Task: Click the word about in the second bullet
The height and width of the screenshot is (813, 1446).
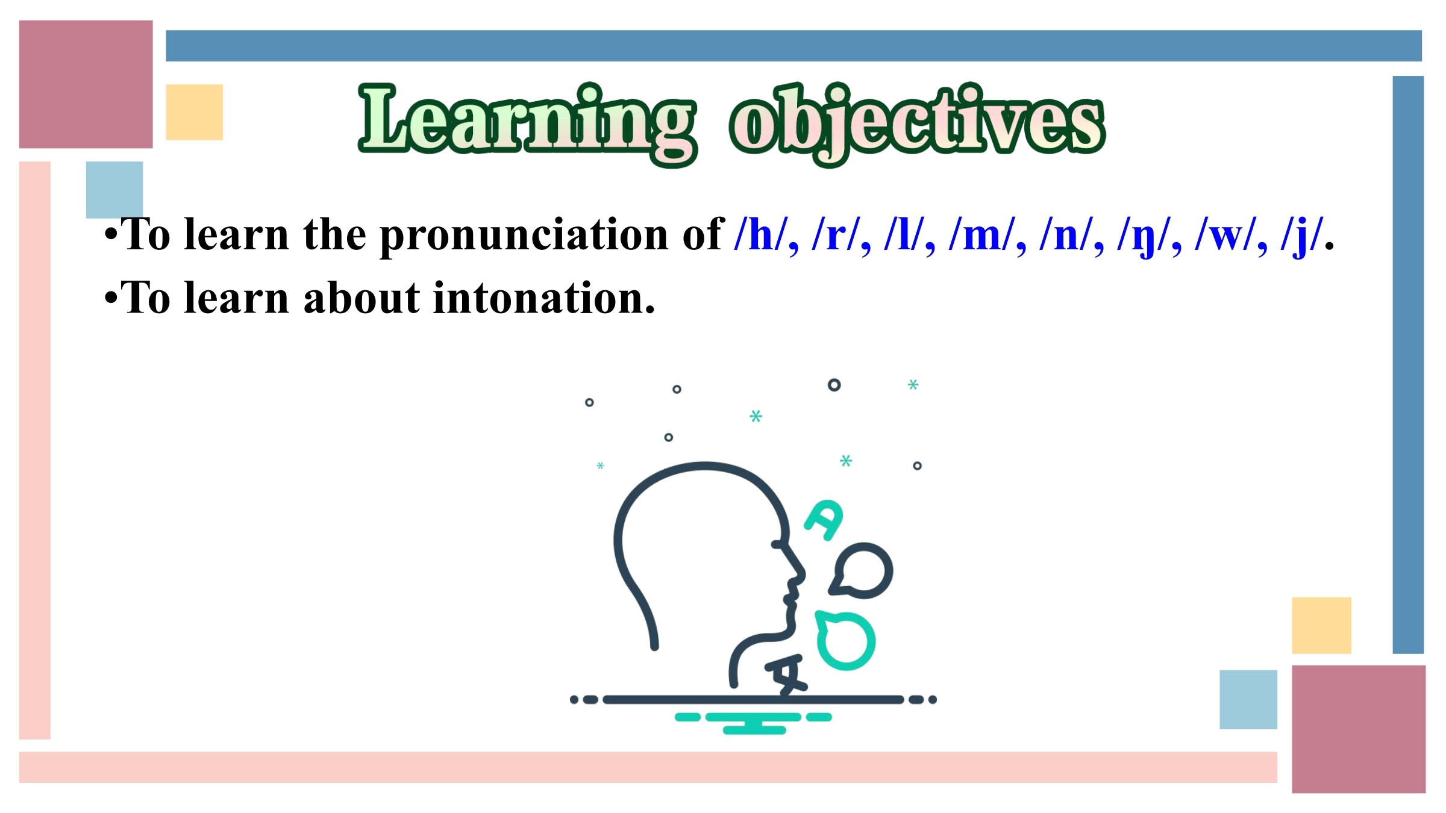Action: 361,298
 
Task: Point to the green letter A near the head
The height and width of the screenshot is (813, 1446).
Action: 824,520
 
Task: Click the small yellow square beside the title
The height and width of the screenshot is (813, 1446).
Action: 195,112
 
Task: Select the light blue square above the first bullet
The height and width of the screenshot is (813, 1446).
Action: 114,190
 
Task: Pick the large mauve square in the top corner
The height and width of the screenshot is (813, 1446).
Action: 86,84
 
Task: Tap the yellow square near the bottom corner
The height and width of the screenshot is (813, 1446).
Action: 1322,626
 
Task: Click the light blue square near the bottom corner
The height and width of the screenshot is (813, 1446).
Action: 1248,700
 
